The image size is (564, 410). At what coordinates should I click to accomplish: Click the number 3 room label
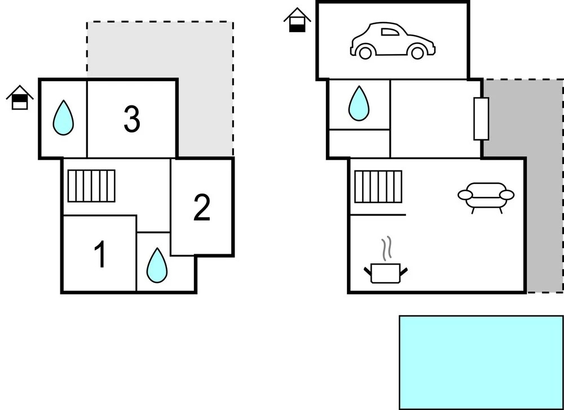(131, 119)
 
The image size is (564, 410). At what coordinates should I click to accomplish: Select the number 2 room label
(201, 208)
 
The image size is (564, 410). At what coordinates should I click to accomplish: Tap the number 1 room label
(100, 254)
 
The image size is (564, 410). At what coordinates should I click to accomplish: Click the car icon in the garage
(392, 41)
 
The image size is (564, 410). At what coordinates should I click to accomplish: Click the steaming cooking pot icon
(386, 272)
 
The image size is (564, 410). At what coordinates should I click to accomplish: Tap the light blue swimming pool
(481, 361)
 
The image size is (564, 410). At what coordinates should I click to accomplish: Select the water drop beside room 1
(157, 265)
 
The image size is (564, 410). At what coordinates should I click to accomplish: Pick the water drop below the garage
(359, 104)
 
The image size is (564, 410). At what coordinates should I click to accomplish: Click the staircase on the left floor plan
(91, 186)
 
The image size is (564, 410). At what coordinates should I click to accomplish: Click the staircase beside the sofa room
(378, 186)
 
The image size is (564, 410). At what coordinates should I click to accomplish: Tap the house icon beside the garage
(297, 20)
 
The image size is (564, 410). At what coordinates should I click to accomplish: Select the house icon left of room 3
(20, 98)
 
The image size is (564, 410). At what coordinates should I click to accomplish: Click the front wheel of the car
(417, 53)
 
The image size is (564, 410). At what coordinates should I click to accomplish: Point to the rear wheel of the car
(365, 52)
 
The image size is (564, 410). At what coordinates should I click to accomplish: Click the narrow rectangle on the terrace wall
(481, 118)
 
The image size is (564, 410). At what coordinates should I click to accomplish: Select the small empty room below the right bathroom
(359, 143)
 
